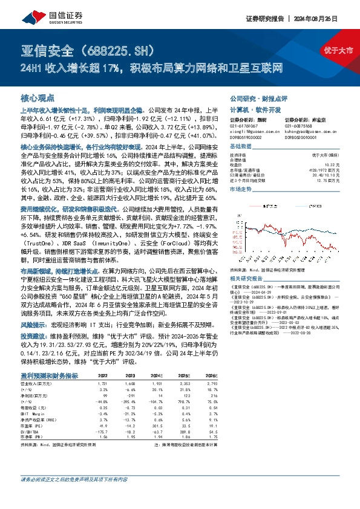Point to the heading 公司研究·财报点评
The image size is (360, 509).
click(252, 97)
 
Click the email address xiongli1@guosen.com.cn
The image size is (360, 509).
click(250, 130)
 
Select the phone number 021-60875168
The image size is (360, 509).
click(300, 125)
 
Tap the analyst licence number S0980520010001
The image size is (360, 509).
click(304, 137)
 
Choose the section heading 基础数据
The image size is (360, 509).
click(241, 147)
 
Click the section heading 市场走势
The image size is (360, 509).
click(241, 189)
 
